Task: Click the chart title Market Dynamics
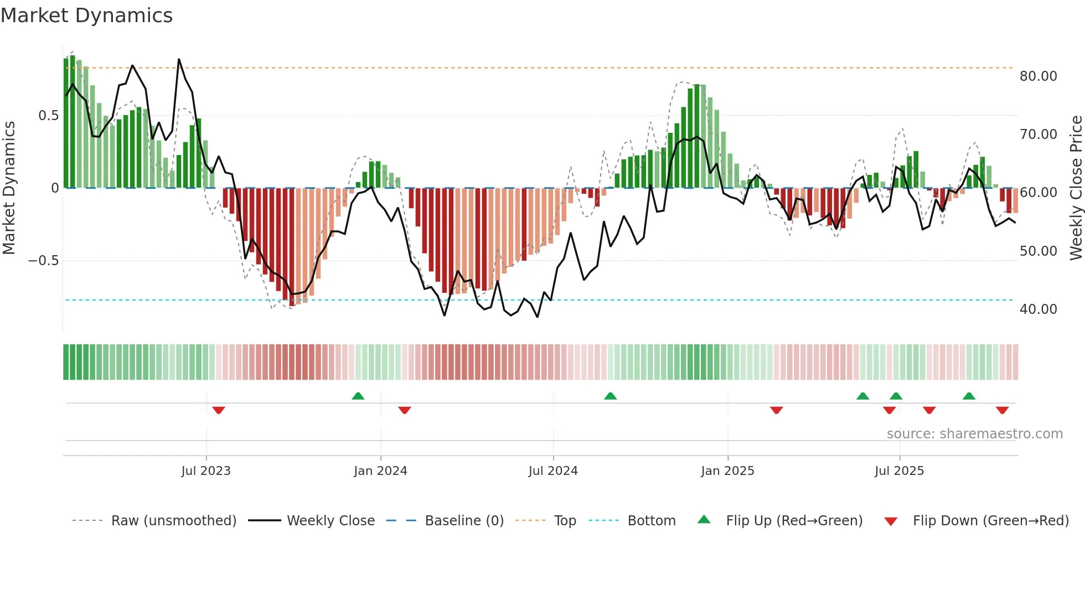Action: tap(87, 15)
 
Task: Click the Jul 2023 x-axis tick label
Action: tap(206, 471)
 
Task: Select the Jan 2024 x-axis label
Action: tap(380, 471)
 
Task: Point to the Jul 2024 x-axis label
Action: tap(553, 471)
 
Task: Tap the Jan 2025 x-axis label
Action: tap(727, 471)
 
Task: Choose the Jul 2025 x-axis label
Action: tap(900, 471)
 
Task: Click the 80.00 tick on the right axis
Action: tap(1038, 76)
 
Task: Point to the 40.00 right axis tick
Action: tap(1038, 309)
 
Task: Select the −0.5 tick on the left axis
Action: tap(44, 261)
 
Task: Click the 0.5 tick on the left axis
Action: tap(48, 116)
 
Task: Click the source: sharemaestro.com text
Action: tap(974, 434)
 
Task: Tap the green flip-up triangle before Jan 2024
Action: tap(358, 396)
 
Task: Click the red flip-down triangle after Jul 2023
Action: tap(219, 410)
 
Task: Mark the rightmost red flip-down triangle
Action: tap(1002, 410)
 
